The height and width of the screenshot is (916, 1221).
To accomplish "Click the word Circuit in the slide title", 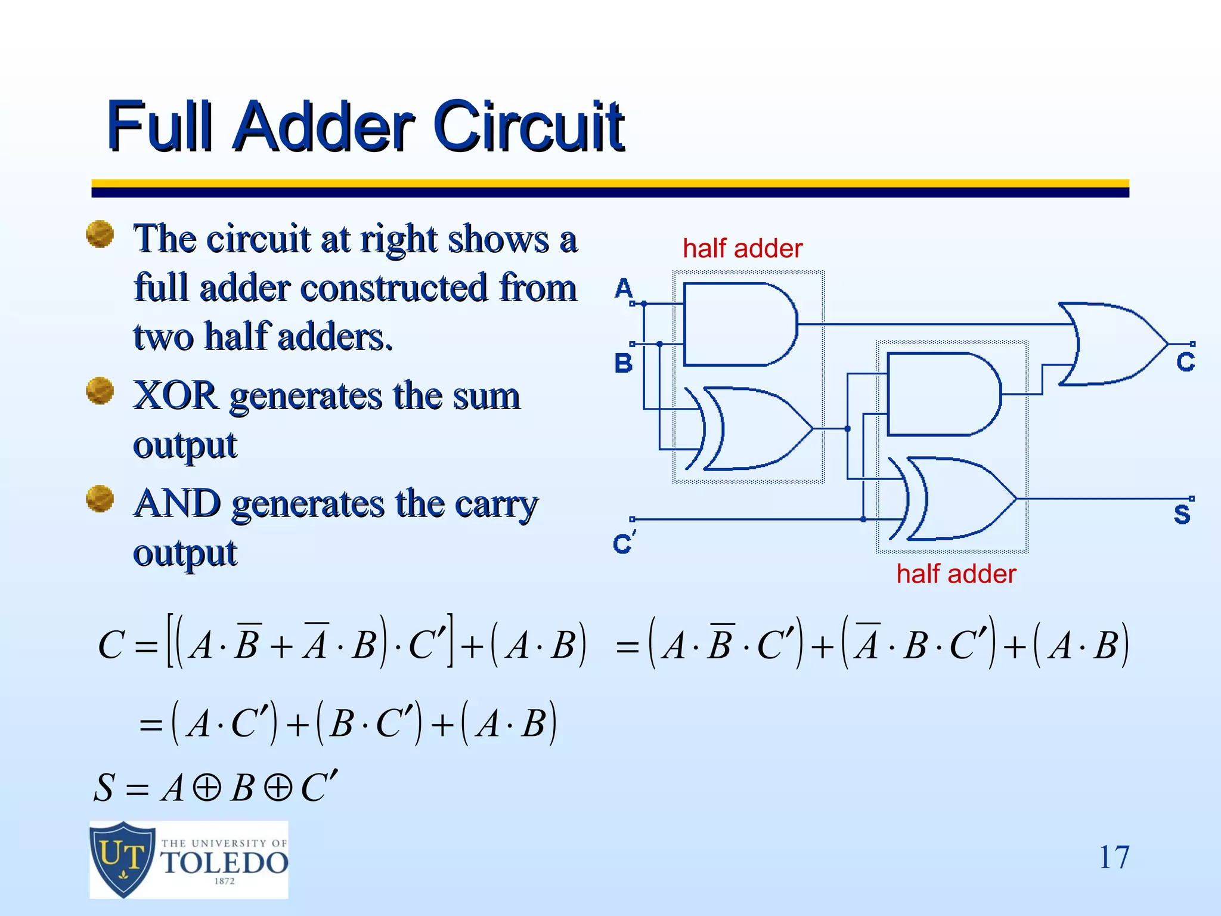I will [528, 126].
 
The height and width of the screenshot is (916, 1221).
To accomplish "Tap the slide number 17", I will [1113, 858].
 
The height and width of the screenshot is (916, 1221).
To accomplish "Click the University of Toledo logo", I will [188, 859].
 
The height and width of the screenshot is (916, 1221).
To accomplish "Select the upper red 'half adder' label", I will [742, 249].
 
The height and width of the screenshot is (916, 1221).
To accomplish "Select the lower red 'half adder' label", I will [956, 574].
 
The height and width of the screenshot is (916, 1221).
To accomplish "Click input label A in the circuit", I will [624, 289].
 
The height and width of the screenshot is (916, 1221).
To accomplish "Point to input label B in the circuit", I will [624, 363].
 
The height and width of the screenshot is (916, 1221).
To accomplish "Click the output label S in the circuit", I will [1182, 513].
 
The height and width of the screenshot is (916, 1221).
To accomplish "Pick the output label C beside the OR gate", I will [1185, 362].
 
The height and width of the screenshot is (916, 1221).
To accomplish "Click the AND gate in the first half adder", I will [739, 324].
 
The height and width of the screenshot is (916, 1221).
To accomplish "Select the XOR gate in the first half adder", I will [754, 428].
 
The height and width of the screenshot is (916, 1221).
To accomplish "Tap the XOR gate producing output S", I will [957, 499].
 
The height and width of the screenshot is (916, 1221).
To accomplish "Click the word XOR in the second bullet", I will [175, 395].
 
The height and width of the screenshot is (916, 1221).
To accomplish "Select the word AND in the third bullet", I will [177, 504].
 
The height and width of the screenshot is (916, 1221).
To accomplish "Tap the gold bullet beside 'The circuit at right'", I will [100, 234].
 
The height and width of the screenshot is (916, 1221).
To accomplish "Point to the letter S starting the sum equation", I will [104, 788].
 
